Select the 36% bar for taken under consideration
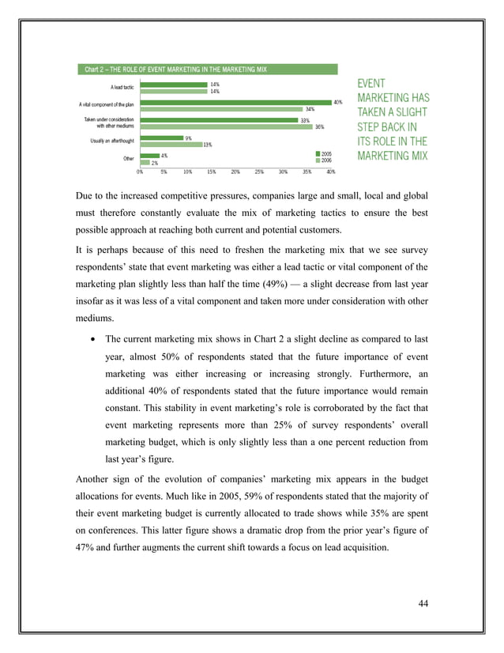(x=226, y=126)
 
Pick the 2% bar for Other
(x=145, y=162)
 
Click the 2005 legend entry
(x=323, y=153)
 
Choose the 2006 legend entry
(x=323, y=160)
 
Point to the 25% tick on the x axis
(x=259, y=171)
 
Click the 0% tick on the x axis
(x=140, y=171)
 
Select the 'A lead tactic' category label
(x=122, y=87)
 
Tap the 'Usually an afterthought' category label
(x=112, y=142)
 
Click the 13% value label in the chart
(x=207, y=145)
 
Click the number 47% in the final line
(x=86, y=547)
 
